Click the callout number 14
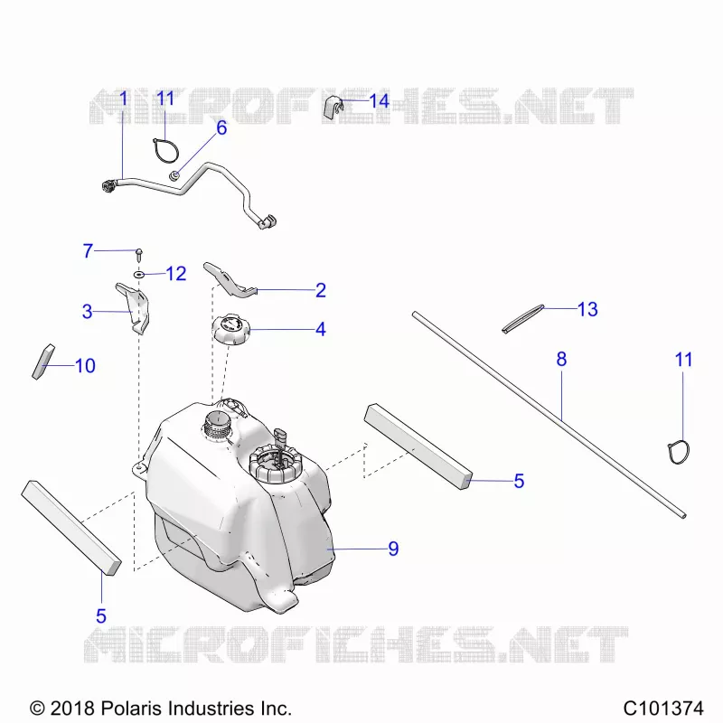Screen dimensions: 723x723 tap(379, 101)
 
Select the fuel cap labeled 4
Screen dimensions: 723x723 tap(230, 329)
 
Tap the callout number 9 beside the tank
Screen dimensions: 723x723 tap(393, 549)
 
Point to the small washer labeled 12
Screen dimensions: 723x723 tap(139, 275)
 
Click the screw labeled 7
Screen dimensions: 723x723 tap(139, 254)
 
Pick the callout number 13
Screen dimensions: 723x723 tap(587, 309)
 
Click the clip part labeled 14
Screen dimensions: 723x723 tap(333, 108)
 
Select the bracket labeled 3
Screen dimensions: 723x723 tap(133, 308)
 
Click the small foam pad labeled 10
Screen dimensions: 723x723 tap(42, 362)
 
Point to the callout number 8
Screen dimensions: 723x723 tap(561, 359)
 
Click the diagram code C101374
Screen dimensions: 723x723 tap(663, 708)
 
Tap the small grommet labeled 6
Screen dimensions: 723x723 tap(174, 175)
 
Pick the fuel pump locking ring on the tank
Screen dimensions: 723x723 tap(273, 464)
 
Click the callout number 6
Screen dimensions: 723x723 tap(221, 127)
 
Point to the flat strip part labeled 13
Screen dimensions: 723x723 tap(523, 318)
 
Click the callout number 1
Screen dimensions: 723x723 tap(123, 99)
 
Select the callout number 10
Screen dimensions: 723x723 tap(85, 366)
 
